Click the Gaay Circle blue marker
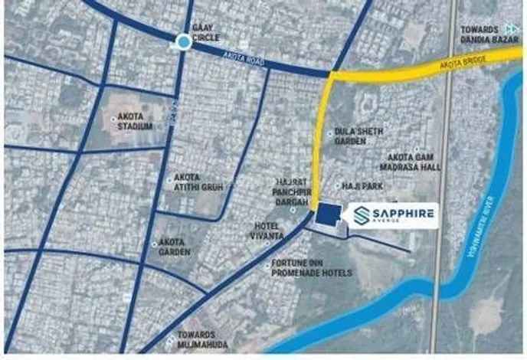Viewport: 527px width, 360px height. (x=183, y=42)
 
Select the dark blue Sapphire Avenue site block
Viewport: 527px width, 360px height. (x=327, y=214)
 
